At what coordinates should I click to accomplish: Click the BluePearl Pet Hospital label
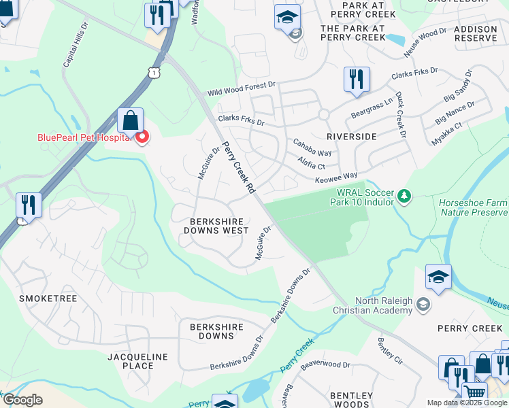click(83, 137)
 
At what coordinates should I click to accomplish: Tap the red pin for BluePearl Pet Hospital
click(142, 138)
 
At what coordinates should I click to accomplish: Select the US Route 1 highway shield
click(156, 71)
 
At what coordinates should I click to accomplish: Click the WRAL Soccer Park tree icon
click(404, 197)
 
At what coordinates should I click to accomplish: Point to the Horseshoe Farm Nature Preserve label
click(474, 207)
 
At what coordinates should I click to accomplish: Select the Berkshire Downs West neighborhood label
click(216, 226)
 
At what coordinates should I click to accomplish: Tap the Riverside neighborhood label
click(351, 136)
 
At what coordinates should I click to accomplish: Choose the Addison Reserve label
click(475, 33)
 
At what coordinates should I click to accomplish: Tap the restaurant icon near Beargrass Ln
click(357, 80)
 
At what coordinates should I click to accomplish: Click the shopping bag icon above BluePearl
click(130, 122)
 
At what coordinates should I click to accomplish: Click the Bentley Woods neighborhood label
click(351, 400)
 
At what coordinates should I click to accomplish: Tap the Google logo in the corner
click(22, 400)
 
